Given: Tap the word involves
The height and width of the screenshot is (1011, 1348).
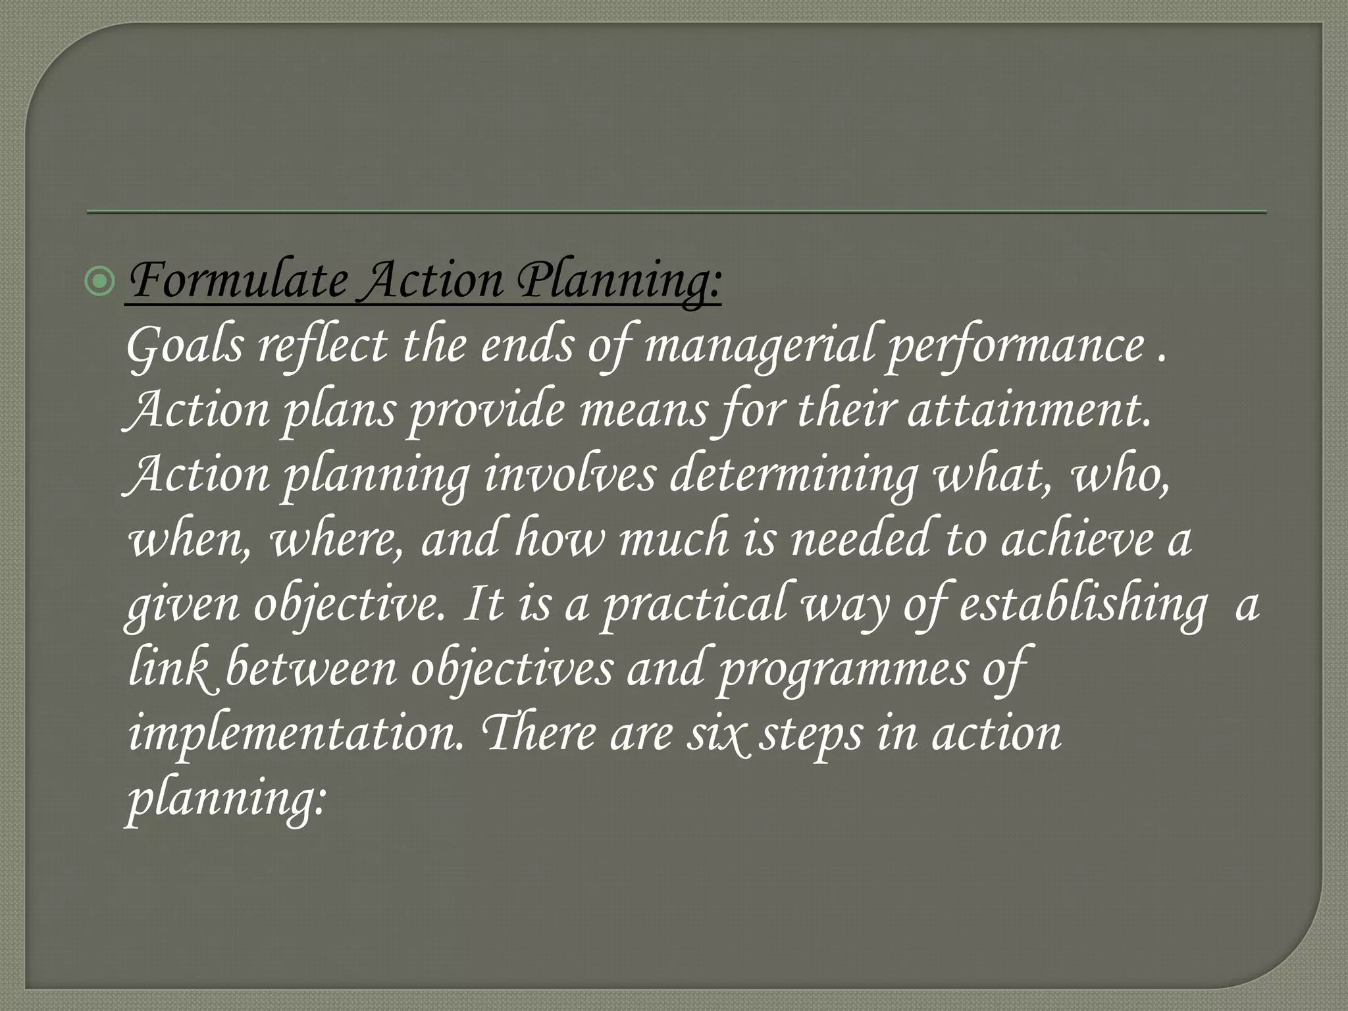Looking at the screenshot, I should click(570, 475).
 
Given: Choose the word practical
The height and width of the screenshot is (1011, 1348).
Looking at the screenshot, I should click(695, 604).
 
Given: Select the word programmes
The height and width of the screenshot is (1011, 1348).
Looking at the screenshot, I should click(843, 668).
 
